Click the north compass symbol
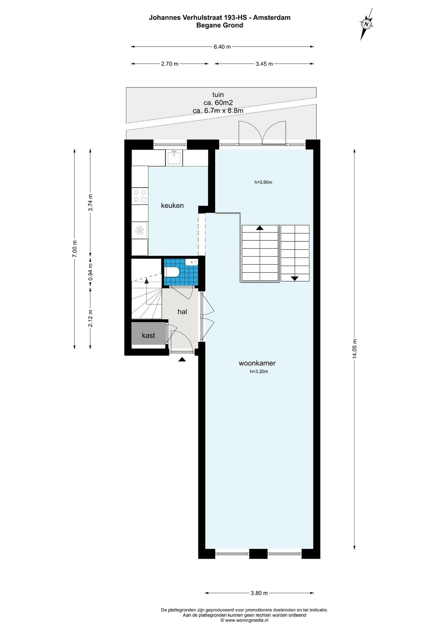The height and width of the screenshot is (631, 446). (366, 24)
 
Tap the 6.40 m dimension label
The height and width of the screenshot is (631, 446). (222, 47)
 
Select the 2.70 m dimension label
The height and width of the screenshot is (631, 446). (170, 64)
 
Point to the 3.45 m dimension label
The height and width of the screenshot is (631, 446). (264, 64)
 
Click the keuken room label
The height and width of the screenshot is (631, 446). (172, 206)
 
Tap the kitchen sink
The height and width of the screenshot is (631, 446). (174, 157)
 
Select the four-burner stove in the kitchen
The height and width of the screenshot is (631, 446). (140, 196)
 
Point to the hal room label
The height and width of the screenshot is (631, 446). (182, 312)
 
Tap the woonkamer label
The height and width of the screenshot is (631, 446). (257, 363)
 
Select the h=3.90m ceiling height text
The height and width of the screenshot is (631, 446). (263, 182)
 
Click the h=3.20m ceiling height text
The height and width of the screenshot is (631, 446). (259, 372)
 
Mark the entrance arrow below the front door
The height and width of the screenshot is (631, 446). (182, 359)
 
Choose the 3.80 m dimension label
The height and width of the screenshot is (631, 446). (259, 593)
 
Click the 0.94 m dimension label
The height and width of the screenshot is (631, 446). (90, 272)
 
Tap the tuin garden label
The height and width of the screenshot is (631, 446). (218, 95)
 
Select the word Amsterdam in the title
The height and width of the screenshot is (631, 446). (272, 18)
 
